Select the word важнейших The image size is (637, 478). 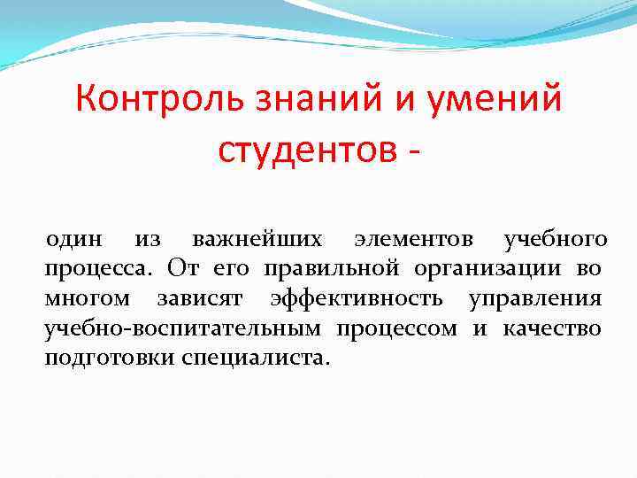point(257,238)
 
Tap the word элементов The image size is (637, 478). point(413,238)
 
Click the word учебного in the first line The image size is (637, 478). point(555,238)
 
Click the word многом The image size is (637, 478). point(87,299)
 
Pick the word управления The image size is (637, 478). point(534,299)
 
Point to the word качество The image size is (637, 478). point(552,329)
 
